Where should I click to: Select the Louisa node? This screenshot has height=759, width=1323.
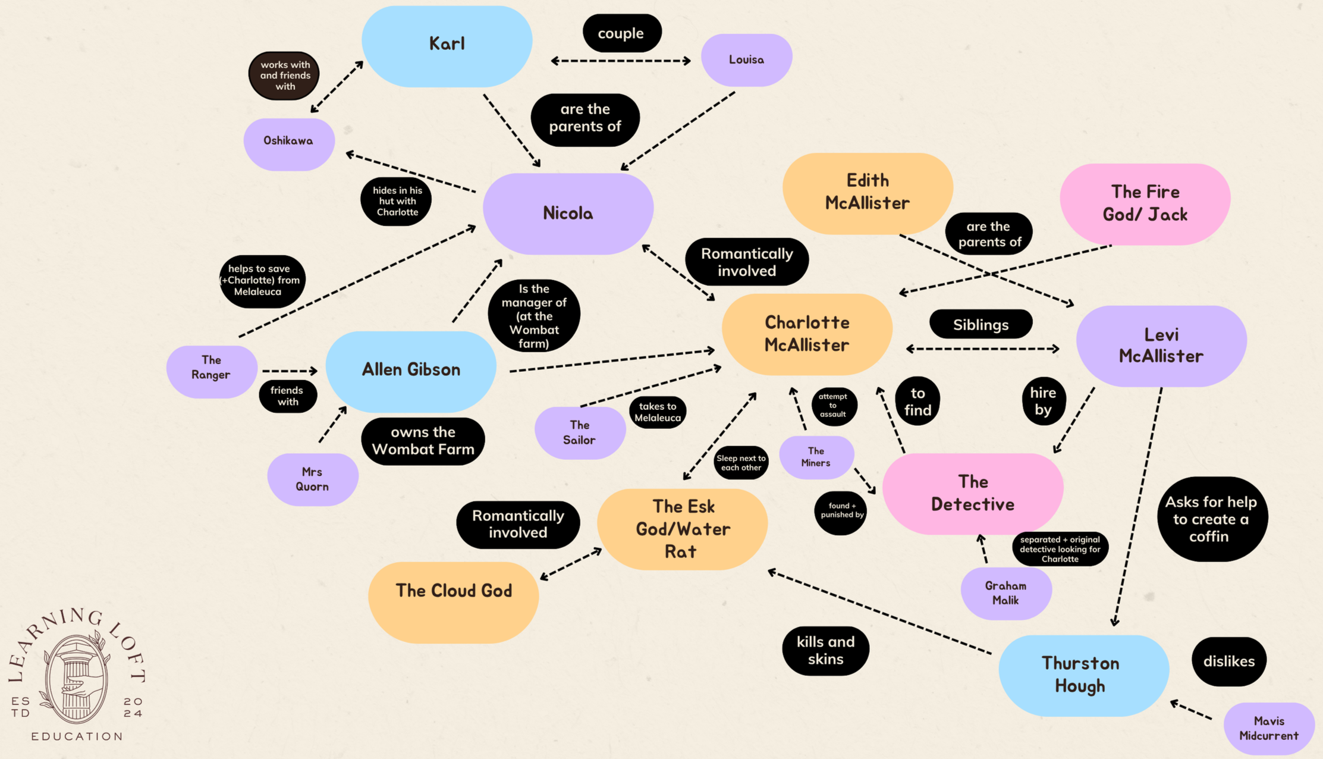(x=746, y=59)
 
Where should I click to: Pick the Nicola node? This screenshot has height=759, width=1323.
(x=568, y=214)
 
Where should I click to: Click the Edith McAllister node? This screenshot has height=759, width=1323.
(x=868, y=192)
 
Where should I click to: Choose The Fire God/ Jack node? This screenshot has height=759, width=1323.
(x=1145, y=203)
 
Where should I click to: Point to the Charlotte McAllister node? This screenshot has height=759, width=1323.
(x=807, y=334)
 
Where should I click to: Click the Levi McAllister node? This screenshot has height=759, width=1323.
(x=1161, y=346)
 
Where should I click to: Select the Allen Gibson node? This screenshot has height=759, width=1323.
(x=411, y=371)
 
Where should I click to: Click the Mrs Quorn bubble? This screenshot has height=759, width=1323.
(x=312, y=479)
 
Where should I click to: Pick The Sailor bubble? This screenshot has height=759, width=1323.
(x=579, y=433)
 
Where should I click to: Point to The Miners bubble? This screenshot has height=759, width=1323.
(x=816, y=457)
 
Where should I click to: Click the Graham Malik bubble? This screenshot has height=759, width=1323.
(x=1005, y=593)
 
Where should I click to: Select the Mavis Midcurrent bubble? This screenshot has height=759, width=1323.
(x=1268, y=728)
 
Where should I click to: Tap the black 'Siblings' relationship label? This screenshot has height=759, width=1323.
(x=981, y=325)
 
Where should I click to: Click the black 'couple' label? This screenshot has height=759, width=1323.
(x=621, y=33)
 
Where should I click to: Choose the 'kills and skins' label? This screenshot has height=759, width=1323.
(x=825, y=650)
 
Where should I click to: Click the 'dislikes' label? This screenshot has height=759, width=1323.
(x=1228, y=661)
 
